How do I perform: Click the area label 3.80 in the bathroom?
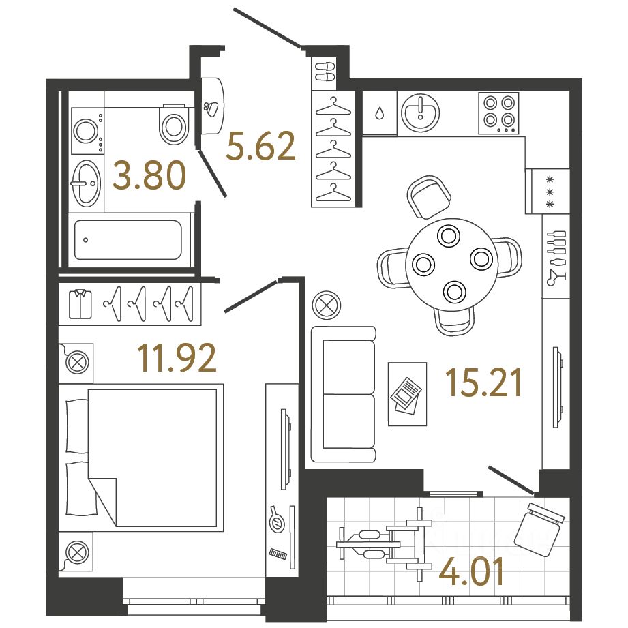(x=149, y=177)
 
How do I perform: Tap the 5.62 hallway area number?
(x=261, y=146)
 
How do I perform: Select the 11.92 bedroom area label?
(x=177, y=358)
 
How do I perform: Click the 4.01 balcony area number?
(x=473, y=573)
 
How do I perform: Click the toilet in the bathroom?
(x=173, y=123)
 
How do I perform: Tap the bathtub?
(x=128, y=240)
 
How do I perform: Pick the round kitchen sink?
(x=420, y=111)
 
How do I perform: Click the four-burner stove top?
(x=498, y=113)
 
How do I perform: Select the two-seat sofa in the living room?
(x=344, y=394)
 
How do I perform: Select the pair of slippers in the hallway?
(x=325, y=72)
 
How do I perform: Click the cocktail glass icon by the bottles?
(x=555, y=276)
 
